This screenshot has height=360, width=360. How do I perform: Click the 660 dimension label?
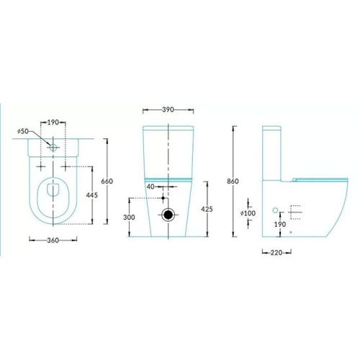(x=107, y=181)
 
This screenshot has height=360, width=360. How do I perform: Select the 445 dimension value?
(x=92, y=195)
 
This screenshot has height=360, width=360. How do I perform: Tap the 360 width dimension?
(x=53, y=240)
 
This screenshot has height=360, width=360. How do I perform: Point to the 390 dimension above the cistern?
(x=168, y=109)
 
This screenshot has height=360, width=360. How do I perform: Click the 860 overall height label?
(x=233, y=181)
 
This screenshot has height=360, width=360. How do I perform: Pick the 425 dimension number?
(x=207, y=209)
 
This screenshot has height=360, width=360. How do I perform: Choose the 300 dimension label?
(x=129, y=217)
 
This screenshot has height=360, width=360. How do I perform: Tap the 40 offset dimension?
(x=150, y=186)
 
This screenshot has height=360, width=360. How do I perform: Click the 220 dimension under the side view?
(x=276, y=253)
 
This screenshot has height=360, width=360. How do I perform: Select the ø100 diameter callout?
(x=248, y=213)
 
